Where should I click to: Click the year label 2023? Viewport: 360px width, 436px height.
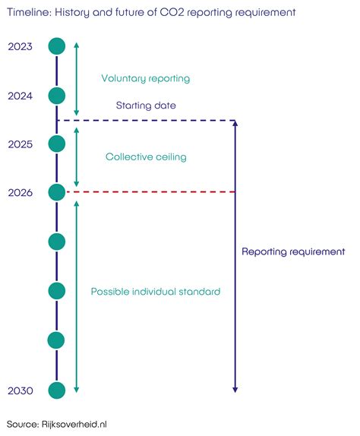coord(20,46)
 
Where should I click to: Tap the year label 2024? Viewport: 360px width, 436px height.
coord(20,96)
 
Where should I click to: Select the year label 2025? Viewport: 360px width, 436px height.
coord(20,144)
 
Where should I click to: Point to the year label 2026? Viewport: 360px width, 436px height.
coord(20,193)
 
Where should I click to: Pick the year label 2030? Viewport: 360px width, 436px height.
coord(20,390)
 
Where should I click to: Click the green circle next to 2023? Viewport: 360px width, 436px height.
coord(57,46)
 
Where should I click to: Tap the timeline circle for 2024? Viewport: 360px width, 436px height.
coord(57,96)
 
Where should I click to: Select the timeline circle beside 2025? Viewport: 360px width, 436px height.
coord(57,144)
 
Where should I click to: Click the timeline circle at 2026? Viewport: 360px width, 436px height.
coord(57,192)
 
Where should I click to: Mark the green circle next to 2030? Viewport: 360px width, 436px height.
coord(57,390)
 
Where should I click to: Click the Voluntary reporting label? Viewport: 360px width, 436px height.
coord(146,78)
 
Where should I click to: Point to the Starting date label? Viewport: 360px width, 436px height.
coord(146,106)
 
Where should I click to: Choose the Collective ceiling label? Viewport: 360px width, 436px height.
coord(146,156)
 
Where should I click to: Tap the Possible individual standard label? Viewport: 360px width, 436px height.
coord(156,292)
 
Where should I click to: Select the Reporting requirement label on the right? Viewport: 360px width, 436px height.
coord(293,251)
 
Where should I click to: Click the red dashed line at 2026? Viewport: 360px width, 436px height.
coord(150,192)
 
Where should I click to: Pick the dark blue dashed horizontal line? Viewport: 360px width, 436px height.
coord(147,121)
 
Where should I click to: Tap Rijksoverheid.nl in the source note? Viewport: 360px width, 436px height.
coord(74,425)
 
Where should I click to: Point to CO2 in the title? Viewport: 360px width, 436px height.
coord(172,12)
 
